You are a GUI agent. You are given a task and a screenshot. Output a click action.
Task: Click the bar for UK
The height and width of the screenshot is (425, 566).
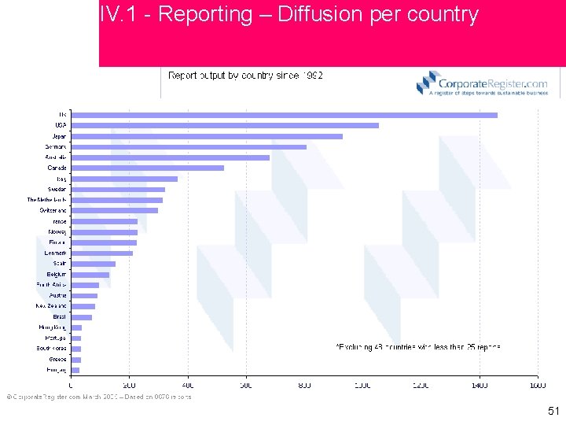click(x=284, y=115)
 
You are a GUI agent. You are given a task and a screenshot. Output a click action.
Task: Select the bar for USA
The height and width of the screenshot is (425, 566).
click(x=225, y=125)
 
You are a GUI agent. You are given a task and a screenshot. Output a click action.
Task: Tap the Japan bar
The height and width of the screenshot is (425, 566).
click(x=207, y=136)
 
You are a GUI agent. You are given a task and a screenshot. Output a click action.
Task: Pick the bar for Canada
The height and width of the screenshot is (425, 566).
click(x=148, y=168)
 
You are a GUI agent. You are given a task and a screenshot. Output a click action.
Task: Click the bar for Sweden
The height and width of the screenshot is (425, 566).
click(x=118, y=189)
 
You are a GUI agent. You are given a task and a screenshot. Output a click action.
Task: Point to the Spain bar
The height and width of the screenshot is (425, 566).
click(x=94, y=264)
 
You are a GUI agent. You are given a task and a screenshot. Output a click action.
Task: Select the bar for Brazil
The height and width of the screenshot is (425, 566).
click(x=82, y=317)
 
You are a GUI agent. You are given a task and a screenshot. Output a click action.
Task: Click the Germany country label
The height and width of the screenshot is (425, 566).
click(x=56, y=146)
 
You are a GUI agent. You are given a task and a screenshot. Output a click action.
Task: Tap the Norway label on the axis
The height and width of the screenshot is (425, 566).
click(x=57, y=231)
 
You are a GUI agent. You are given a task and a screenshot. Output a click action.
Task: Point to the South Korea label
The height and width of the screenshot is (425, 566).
click(x=52, y=349)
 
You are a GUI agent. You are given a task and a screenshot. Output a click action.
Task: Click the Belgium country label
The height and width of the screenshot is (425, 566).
click(x=56, y=274)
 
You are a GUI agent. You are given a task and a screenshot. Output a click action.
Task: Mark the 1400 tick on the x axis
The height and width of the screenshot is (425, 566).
click(x=480, y=385)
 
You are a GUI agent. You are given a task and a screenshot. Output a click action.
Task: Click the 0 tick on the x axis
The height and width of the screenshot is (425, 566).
click(x=72, y=385)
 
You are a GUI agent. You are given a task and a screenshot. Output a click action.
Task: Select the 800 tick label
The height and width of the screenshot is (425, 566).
click(x=304, y=385)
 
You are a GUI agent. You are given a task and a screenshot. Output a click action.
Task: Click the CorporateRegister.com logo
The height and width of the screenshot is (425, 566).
click(x=481, y=83)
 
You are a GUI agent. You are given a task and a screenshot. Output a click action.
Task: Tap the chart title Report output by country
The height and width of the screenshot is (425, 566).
click(x=245, y=76)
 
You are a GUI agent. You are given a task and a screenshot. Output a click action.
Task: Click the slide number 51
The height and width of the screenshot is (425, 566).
click(x=553, y=411)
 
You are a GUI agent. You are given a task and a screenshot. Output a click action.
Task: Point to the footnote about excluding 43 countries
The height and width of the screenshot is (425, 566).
click(x=417, y=346)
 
